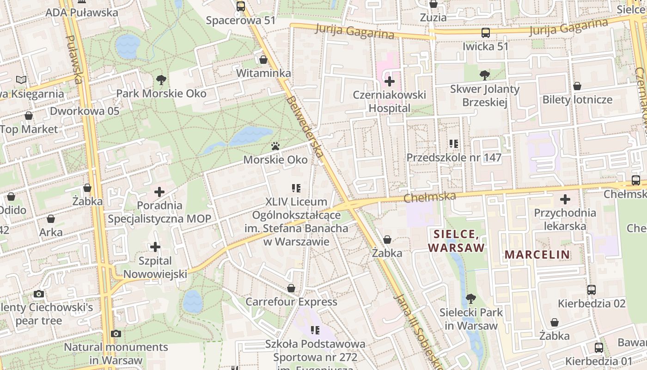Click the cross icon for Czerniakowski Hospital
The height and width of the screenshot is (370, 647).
pyautogui.click(x=390, y=81)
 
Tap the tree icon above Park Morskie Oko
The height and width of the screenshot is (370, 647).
pyautogui.click(x=161, y=80)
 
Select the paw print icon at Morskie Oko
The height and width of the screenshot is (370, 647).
pyautogui.click(x=276, y=147)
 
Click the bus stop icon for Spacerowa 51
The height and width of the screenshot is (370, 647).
pyautogui.click(x=240, y=6)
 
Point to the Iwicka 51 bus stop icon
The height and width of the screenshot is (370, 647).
pyautogui.click(x=485, y=33)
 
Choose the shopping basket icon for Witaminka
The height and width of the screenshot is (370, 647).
pyautogui.click(x=263, y=60)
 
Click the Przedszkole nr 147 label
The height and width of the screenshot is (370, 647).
pyautogui.click(x=454, y=158)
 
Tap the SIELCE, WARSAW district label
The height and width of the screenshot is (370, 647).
pyautogui.click(x=456, y=240)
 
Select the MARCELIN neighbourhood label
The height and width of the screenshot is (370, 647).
pyautogui.click(x=537, y=254)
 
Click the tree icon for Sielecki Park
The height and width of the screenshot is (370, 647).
pyautogui.click(x=470, y=299)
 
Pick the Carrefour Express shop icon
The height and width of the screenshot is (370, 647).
pyautogui.click(x=291, y=288)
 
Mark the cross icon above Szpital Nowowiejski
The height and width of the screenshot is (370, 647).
pyautogui.click(x=155, y=247)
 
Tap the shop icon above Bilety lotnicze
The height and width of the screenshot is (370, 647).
pyautogui.click(x=577, y=86)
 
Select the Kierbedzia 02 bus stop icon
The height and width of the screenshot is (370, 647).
pyautogui.click(x=592, y=290)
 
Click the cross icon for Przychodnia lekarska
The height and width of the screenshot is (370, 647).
pyautogui.click(x=565, y=199)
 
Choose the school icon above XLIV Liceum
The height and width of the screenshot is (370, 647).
pyautogui.click(x=296, y=188)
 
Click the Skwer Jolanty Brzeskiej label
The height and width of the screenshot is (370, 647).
pyautogui.click(x=484, y=95)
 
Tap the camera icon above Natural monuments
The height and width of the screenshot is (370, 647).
pyautogui.click(x=116, y=333)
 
